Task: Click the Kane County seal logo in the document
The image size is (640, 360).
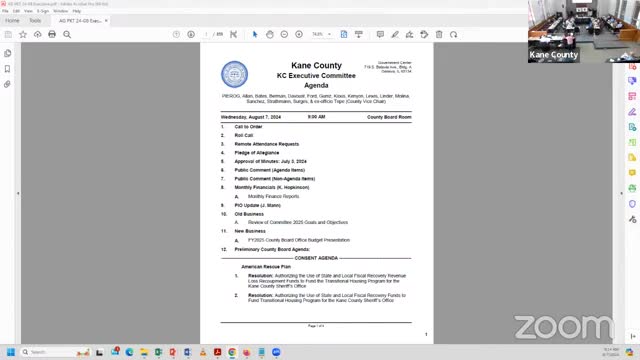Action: click(x=234, y=74)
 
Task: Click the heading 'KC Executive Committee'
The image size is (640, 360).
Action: click(x=315, y=76)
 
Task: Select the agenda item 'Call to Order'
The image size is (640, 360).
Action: click(x=248, y=127)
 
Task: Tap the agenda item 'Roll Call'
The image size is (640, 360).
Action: click(x=244, y=135)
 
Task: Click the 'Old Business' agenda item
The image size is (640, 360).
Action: click(x=249, y=213)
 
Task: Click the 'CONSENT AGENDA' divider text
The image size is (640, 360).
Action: click(x=315, y=257)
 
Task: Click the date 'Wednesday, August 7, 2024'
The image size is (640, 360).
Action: click(x=253, y=117)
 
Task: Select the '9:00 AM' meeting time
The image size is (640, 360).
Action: click(x=316, y=117)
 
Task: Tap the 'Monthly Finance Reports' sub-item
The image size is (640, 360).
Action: click(x=273, y=196)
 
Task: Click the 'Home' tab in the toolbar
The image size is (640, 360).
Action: click(x=12, y=20)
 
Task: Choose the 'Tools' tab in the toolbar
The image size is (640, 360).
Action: click(x=35, y=20)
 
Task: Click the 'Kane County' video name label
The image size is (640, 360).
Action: click(x=553, y=55)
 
